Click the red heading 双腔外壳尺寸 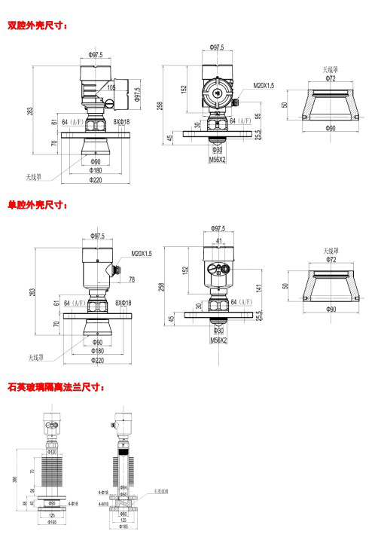[37, 26]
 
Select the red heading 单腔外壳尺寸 [37, 204]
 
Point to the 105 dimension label [111, 87]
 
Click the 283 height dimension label [31, 111]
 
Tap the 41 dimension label [218, 241]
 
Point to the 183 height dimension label [31, 292]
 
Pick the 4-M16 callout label [102, 505]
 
